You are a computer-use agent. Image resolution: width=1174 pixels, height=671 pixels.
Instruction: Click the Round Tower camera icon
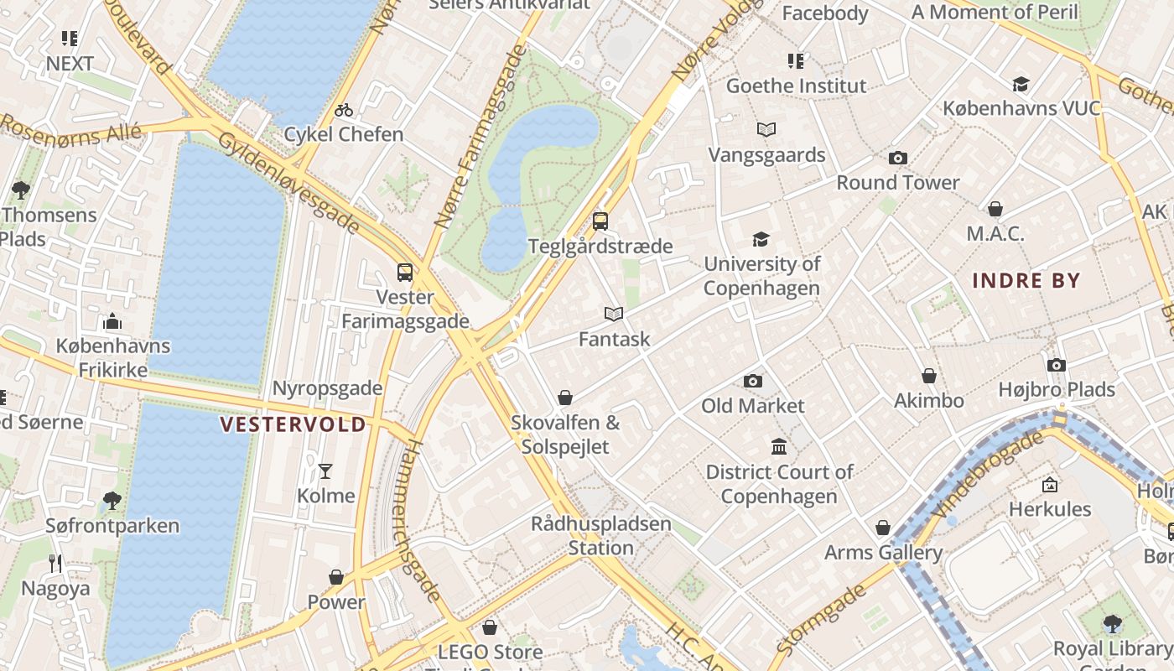pyautogui.click(x=897, y=159)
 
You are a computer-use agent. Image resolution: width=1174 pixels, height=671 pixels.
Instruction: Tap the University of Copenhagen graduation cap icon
pyautogui.click(x=761, y=240)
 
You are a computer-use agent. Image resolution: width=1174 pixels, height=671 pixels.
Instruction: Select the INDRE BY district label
pyautogui.click(x=1026, y=281)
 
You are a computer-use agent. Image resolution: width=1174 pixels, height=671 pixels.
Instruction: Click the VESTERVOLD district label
pyautogui.click(x=293, y=424)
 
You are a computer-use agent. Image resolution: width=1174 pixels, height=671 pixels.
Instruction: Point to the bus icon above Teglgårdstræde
pyautogui.click(x=600, y=221)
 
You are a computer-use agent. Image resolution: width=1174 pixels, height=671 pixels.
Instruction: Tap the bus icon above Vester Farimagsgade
pyautogui.click(x=405, y=273)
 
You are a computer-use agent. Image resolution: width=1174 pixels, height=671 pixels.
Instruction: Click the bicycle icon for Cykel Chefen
pyautogui.click(x=343, y=110)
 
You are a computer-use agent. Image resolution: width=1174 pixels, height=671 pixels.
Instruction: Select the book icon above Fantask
pyautogui.click(x=614, y=315)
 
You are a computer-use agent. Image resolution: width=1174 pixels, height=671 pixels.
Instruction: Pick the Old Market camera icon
pyautogui.click(x=752, y=382)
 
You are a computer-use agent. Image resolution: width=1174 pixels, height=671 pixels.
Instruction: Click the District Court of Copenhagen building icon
pyautogui.click(x=779, y=446)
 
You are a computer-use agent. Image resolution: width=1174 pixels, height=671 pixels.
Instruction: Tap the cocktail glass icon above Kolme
pyautogui.click(x=325, y=471)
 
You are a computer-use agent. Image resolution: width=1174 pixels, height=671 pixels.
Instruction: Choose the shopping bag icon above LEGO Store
pyautogui.click(x=490, y=627)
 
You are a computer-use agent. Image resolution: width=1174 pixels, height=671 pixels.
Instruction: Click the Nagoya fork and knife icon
pyautogui.click(x=55, y=564)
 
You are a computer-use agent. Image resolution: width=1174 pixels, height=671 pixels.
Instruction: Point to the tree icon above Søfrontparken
pyautogui.click(x=112, y=502)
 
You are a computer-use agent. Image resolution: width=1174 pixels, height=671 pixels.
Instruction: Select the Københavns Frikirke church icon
pyautogui.click(x=112, y=321)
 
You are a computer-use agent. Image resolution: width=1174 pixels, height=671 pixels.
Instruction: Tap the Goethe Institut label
pyautogui.click(x=796, y=86)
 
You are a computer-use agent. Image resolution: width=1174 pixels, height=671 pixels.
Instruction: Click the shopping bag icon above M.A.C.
pyautogui.click(x=995, y=209)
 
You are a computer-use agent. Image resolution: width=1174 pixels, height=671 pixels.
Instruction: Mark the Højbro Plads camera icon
pyautogui.click(x=1056, y=365)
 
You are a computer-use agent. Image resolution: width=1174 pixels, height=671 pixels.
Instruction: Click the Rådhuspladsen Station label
pyautogui.click(x=601, y=536)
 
